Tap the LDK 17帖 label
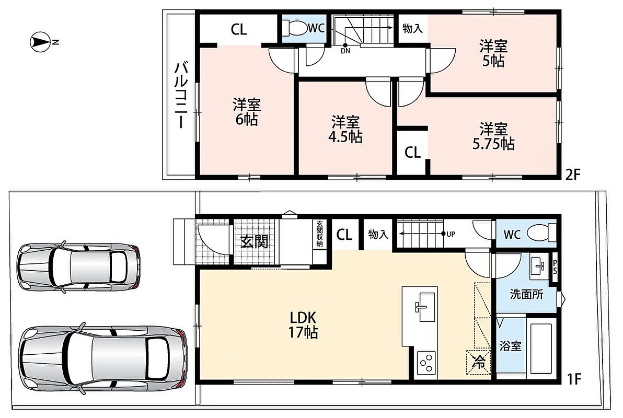303,324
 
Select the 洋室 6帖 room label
246,112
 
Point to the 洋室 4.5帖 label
345,130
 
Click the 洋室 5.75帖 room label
493,136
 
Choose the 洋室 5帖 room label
493,53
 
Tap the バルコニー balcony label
181,95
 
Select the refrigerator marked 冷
478,362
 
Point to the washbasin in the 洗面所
539,267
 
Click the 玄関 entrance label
255,241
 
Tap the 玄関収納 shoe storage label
319,234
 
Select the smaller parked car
79,266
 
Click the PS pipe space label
555,266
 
